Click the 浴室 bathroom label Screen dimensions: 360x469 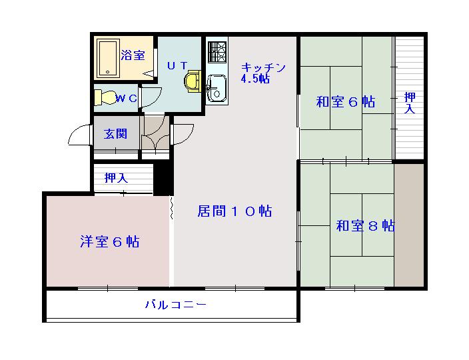click(x=133, y=55)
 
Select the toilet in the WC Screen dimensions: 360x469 click(x=106, y=97)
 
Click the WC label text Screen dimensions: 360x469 click(x=127, y=99)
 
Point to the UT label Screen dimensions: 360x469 click(x=177, y=65)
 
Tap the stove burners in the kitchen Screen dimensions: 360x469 click(x=217, y=51)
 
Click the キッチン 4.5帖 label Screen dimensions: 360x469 click(x=262, y=73)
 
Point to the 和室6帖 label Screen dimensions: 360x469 click(x=345, y=101)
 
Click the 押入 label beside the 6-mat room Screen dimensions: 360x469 click(x=410, y=103)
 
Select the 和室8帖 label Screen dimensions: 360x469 click(x=365, y=226)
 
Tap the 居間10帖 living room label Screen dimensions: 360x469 click(x=234, y=211)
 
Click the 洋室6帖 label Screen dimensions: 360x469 click(x=110, y=242)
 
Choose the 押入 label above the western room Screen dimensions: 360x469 click(x=116, y=178)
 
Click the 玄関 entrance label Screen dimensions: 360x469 click(x=115, y=133)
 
